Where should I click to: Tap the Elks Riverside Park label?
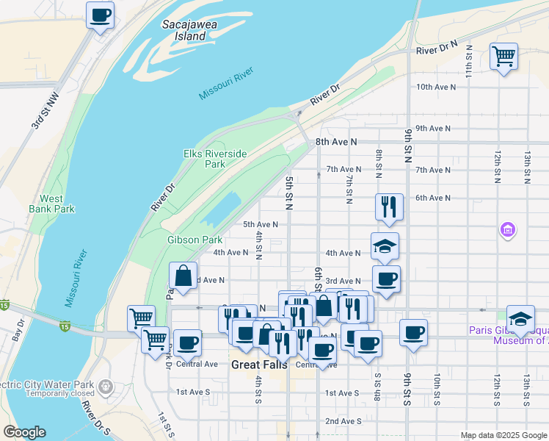click(215, 159)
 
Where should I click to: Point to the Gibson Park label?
click(194, 240)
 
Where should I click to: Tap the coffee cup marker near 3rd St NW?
click(101, 15)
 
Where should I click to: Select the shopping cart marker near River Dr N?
click(503, 56)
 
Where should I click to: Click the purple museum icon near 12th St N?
click(507, 231)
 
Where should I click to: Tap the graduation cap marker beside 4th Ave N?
click(385, 246)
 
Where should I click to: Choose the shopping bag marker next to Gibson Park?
click(183, 276)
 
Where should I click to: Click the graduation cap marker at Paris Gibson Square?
click(520, 319)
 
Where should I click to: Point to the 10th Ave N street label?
click(436, 87)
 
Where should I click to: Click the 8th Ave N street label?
click(336, 141)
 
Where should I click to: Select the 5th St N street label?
click(289, 193)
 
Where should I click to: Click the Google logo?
click(24, 432)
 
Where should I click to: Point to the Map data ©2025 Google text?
click(503, 435)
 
